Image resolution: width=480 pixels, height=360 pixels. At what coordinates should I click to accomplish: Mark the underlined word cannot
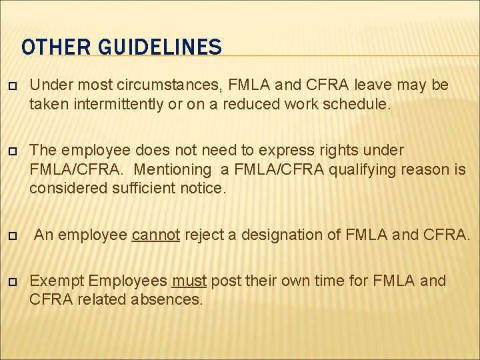156,234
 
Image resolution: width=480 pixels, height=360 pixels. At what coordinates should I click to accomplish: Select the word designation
282,234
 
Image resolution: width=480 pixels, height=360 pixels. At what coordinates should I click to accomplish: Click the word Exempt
57,281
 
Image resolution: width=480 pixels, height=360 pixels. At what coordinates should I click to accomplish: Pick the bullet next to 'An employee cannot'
11,235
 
